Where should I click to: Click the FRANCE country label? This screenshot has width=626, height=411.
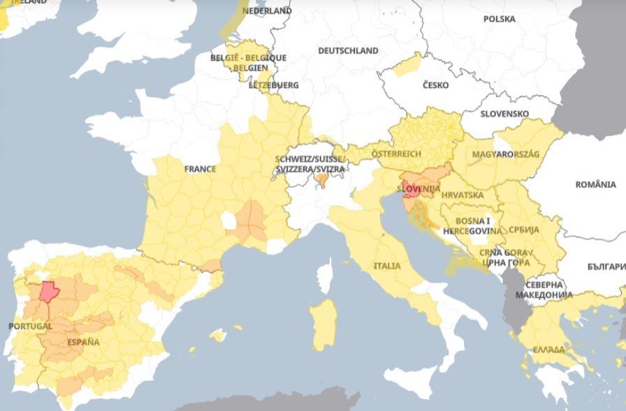200,169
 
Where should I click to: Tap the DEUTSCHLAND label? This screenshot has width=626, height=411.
348,51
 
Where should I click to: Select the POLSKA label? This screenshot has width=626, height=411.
499,19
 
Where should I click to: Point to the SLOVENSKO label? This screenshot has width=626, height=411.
504,113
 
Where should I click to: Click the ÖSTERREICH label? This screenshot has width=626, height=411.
396,153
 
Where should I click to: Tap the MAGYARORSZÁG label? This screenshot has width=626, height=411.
506,154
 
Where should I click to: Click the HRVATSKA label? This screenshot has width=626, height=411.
463,195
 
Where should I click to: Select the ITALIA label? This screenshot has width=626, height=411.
387,266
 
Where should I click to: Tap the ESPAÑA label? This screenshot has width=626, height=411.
83,342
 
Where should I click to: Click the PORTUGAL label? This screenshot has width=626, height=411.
30,326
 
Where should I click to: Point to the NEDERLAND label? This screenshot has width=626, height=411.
268,11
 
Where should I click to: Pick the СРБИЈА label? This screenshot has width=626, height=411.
523,230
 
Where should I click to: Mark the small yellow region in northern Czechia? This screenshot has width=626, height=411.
407,65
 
